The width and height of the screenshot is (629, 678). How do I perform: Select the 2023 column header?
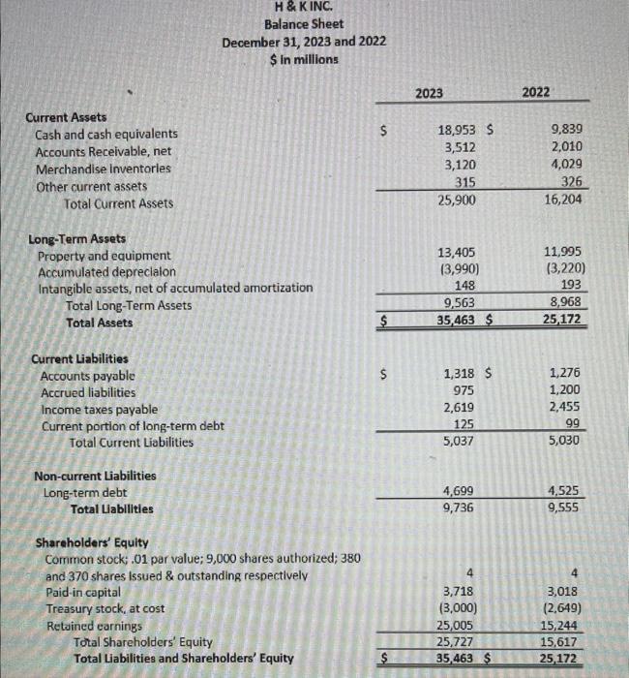(x=429, y=92)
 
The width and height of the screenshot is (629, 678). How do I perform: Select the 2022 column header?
(x=535, y=92)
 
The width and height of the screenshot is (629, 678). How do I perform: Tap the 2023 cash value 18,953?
(x=457, y=131)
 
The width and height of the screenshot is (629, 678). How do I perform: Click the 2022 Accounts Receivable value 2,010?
(x=565, y=148)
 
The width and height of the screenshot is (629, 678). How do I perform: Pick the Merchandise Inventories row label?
(x=103, y=169)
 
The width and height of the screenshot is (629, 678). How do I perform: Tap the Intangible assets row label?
(x=175, y=288)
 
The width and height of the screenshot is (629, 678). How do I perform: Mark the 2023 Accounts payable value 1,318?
(x=458, y=373)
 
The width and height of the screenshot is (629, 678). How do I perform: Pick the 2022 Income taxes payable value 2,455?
(x=565, y=408)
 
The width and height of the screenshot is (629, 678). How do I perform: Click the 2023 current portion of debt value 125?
(x=463, y=424)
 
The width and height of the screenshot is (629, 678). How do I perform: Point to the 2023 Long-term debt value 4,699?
(x=458, y=491)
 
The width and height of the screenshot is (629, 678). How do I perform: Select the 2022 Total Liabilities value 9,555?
(x=564, y=508)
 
